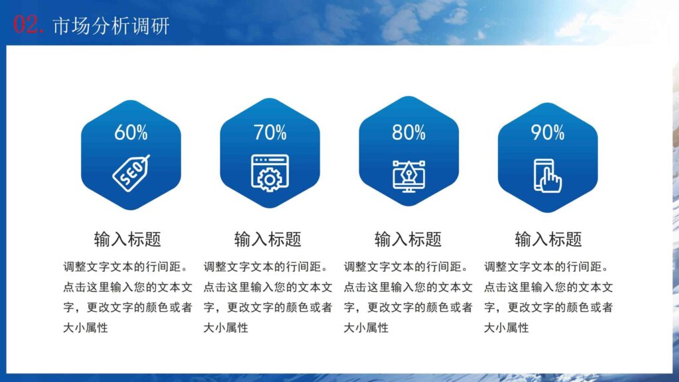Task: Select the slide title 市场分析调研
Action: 111,26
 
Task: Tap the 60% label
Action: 131,133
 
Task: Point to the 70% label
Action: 270,133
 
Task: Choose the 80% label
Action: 408,133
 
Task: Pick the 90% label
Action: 547,133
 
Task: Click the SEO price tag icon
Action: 131,172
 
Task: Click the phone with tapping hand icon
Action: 547,174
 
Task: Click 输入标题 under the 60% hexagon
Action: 127,239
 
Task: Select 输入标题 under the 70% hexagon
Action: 268,239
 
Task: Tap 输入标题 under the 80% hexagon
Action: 408,239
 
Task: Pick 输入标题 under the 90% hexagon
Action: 548,239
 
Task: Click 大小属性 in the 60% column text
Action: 86,327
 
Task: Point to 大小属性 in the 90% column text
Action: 506,327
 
